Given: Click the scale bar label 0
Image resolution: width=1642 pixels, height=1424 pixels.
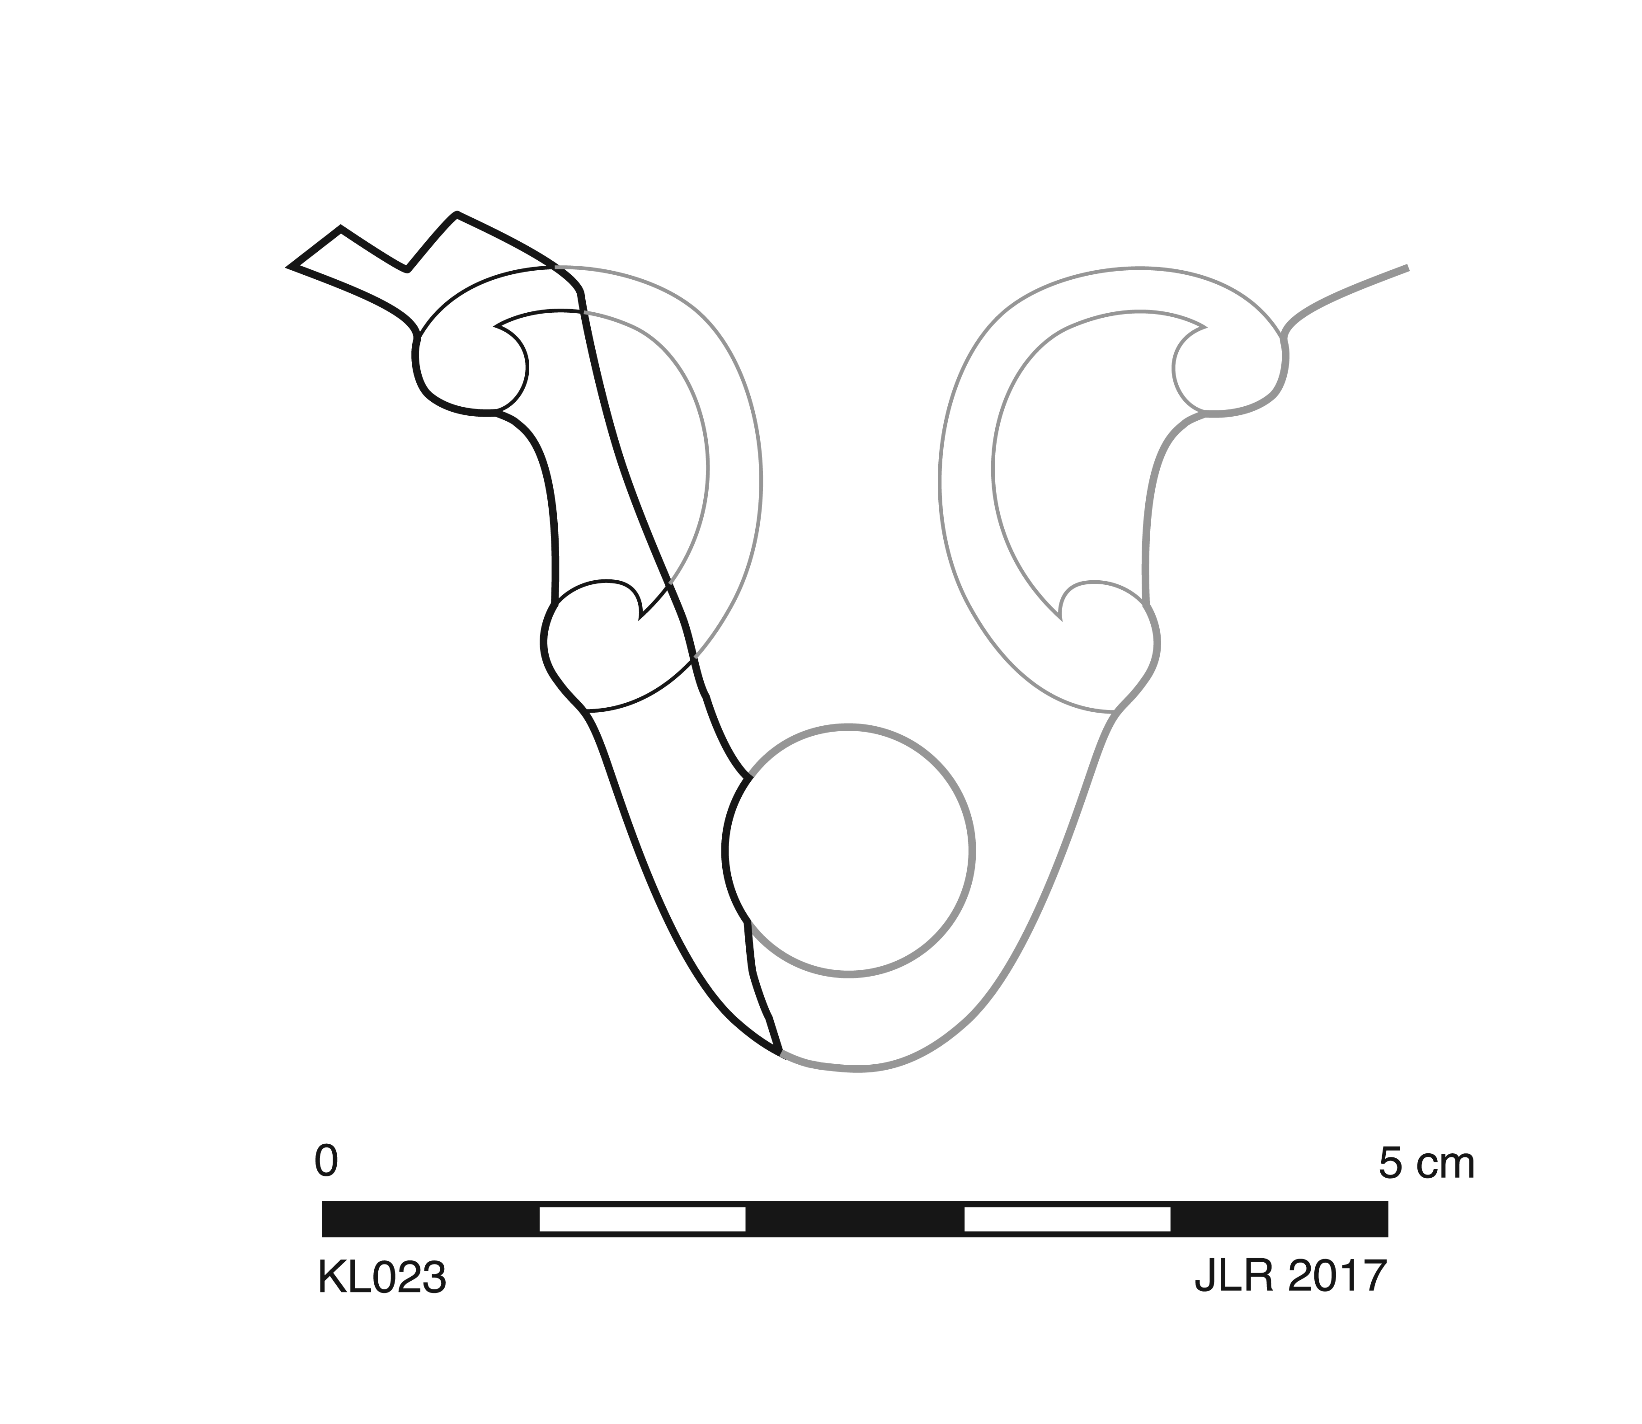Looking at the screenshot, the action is pyautogui.click(x=326, y=1162).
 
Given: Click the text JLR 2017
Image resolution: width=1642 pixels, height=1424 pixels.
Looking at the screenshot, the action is pyautogui.click(x=1291, y=1277).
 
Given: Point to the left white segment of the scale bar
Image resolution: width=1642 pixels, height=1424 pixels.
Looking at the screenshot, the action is pyautogui.click(x=642, y=1219).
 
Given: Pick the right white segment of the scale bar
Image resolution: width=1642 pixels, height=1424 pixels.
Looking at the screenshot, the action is pyautogui.click(x=1068, y=1219).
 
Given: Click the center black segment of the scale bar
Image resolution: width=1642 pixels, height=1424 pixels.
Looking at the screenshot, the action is pyautogui.click(x=855, y=1219).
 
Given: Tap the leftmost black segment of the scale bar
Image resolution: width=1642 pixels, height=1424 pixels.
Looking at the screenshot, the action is pyautogui.click(x=430, y=1219).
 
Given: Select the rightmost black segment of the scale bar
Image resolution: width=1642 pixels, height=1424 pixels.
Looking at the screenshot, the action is pyautogui.click(x=1280, y=1219).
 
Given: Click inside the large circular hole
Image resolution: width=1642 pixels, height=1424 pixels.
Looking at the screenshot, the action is pyautogui.click(x=849, y=850).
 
